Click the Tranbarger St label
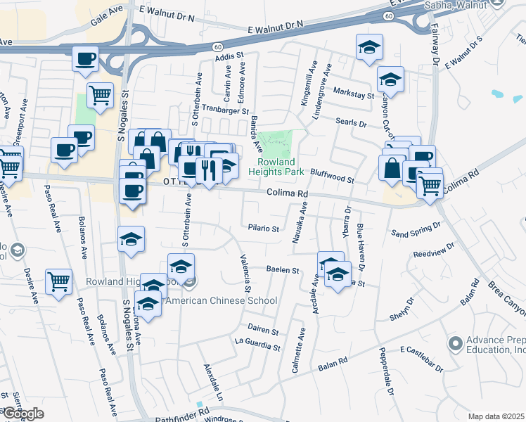click(x=225, y=111)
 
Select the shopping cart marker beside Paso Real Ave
click(x=59, y=281)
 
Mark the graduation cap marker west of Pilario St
click(x=131, y=239)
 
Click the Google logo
click(x=23, y=414)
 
